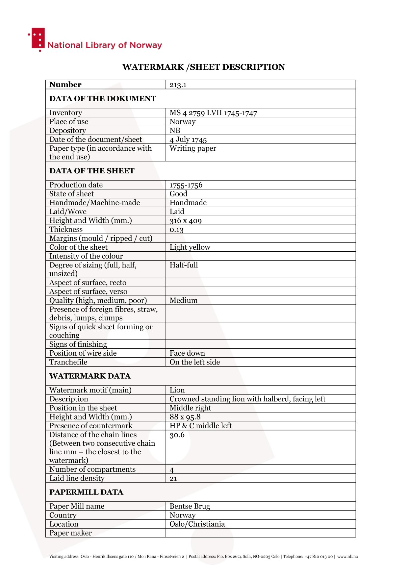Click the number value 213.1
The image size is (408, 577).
click(x=178, y=85)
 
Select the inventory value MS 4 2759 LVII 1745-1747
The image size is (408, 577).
click(x=213, y=113)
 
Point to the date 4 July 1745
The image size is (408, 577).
click(x=188, y=139)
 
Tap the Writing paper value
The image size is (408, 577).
click(x=193, y=148)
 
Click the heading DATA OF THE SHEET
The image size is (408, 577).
click(x=92, y=171)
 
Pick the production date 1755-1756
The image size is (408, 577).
click(x=186, y=185)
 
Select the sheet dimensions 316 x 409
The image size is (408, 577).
click(x=186, y=220)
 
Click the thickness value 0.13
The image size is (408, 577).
click(x=176, y=230)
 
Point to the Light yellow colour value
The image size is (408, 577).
click(x=190, y=247)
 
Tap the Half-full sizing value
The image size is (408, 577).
click(x=184, y=265)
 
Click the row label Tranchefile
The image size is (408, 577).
click(x=68, y=362)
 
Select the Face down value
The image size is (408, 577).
click(x=187, y=353)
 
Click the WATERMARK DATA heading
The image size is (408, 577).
click(x=90, y=376)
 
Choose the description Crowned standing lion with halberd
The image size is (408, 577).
click(x=247, y=399)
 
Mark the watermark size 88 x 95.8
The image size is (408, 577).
click(x=185, y=417)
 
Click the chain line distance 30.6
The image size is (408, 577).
click(x=177, y=435)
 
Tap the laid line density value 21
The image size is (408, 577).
click(x=173, y=479)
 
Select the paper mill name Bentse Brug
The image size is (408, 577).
click(x=190, y=506)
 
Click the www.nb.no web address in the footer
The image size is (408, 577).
click(x=347, y=557)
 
